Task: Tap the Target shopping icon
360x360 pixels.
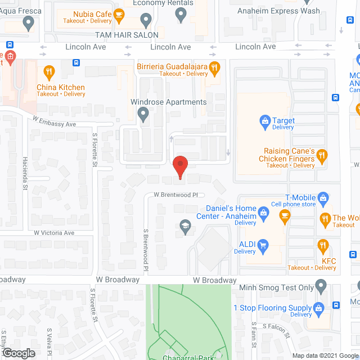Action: point(264,120)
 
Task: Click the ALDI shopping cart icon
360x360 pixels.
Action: point(263,244)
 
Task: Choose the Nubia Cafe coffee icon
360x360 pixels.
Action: point(119,14)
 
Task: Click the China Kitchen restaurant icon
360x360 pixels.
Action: point(49,72)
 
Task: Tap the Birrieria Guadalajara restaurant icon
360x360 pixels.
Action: point(214,68)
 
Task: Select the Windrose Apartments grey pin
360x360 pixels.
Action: point(143,115)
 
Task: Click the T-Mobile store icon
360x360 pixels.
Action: point(323,197)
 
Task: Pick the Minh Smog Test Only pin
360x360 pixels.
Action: point(321,287)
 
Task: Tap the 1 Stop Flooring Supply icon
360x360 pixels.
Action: point(318,308)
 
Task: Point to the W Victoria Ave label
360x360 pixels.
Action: point(54,232)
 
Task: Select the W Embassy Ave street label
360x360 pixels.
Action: point(54,121)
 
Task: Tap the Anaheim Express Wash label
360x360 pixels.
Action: point(287,11)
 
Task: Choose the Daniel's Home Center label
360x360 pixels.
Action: point(226,213)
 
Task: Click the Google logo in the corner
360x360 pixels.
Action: point(19,353)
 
